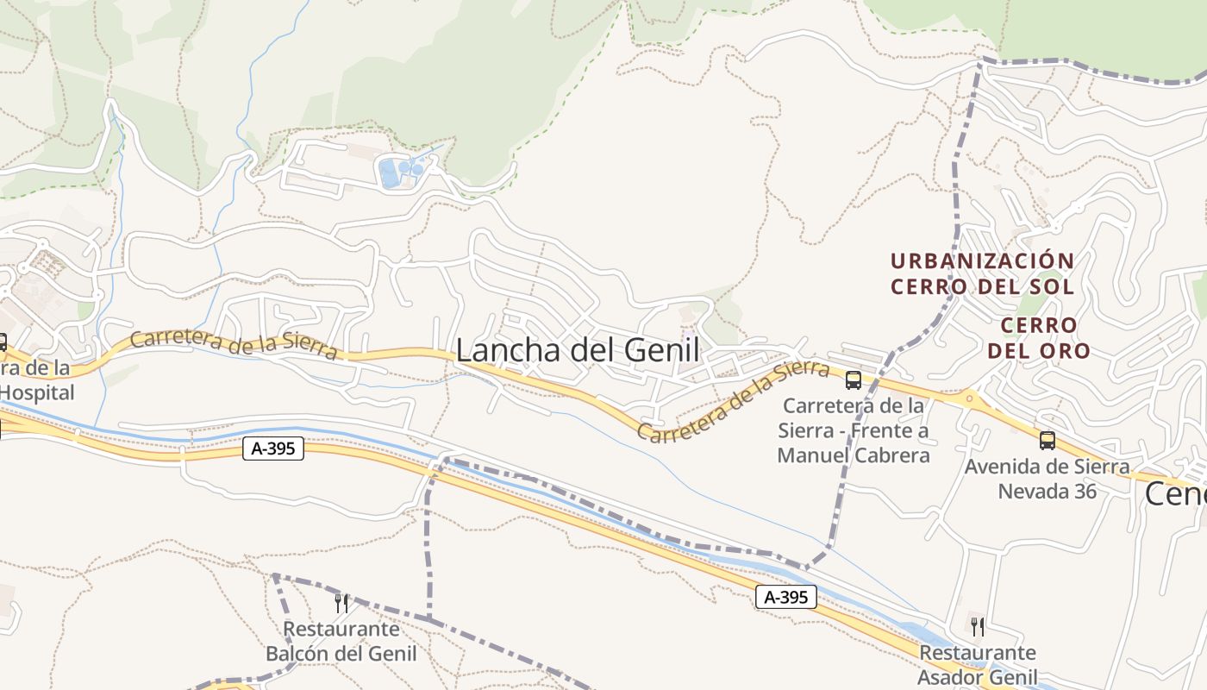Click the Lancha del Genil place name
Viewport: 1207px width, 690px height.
[577, 350]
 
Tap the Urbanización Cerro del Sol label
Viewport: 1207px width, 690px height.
[982, 273]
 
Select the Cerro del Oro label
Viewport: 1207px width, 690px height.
[1039, 337]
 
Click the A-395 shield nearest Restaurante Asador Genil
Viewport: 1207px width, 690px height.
[785, 597]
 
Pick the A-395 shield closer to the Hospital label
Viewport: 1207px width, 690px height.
[273, 448]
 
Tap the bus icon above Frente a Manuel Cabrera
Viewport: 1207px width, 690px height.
[854, 379]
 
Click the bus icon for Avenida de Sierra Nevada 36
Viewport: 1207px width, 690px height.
[1048, 441]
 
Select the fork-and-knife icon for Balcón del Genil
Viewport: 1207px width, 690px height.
[341, 603]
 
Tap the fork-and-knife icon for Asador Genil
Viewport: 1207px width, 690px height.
[977, 626]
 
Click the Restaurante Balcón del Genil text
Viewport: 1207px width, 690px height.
[341, 642]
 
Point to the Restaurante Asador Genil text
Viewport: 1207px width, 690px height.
[977, 665]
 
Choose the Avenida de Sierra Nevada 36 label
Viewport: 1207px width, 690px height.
[1048, 479]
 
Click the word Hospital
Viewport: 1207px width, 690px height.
[38, 392]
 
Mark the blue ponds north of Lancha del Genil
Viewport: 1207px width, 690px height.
[401, 171]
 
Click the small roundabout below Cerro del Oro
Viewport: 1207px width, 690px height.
[969, 398]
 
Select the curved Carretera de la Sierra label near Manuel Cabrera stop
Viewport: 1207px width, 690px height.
[733, 401]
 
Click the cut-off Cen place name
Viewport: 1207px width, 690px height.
[1175, 494]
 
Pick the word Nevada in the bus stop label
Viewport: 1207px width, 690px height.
[1032, 491]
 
